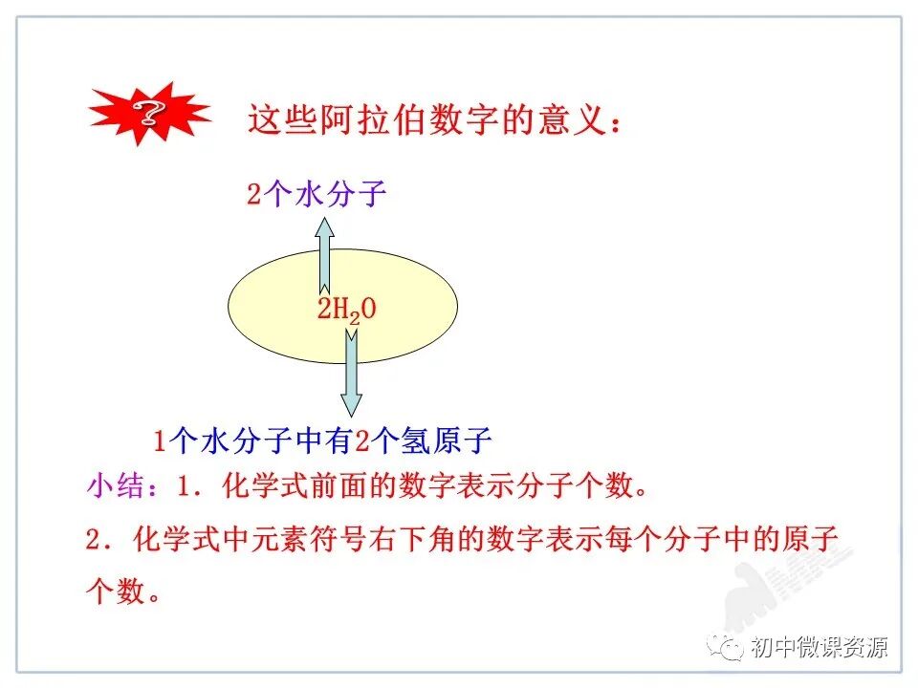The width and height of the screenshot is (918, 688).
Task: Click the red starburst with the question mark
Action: (x=149, y=114)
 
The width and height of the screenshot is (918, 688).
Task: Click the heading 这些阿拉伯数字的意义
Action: (x=435, y=120)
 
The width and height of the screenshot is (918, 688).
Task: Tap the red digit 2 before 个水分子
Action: (x=253, y=196)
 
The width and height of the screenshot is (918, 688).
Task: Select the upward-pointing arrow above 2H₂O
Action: (x=325, y=253)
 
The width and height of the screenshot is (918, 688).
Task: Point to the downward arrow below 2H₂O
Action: (x=351, y=373)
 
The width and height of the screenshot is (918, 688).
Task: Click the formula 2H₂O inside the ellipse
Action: (x=346, y=309)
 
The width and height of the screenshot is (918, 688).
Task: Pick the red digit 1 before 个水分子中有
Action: (x=161, y=441)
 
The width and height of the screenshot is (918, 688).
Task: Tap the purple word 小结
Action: (x=113, y=486)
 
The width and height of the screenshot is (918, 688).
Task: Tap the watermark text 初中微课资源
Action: (x=820, y=647)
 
